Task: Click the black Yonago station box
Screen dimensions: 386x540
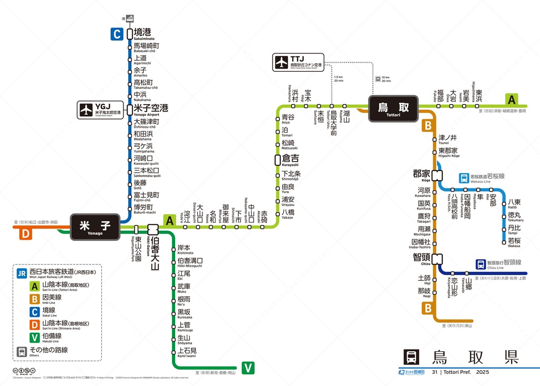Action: [95, 227]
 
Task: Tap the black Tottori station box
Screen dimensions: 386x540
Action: [393, 108]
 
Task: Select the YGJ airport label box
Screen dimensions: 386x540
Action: [101, 110]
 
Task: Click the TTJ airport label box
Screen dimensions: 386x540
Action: [298, 62]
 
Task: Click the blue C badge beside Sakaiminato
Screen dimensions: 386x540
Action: [117, 34]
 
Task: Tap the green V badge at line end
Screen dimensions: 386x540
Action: [248, 368]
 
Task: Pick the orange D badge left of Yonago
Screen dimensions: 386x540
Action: [24, 234]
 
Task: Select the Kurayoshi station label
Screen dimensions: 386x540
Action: [291, 159]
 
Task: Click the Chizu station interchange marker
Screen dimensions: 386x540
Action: [437, 259]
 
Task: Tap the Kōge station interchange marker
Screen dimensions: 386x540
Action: [437, 175]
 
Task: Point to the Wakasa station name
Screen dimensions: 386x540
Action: [514, 242]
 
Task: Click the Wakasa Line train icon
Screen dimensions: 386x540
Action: [464, 177]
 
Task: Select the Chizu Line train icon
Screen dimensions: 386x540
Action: [480, 263]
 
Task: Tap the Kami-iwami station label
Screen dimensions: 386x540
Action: [187, 352]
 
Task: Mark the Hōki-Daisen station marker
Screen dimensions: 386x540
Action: [153, 229]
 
